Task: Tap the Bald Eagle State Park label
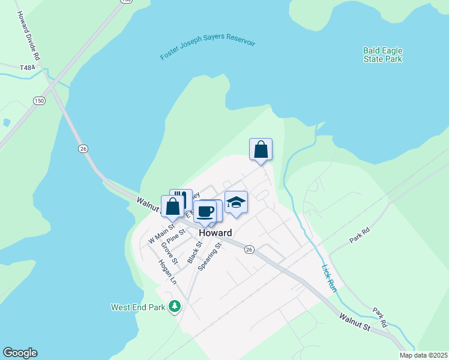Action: click(x=382, y=55)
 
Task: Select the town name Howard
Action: click(x=215, y=233)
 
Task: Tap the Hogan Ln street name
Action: click(x=167, y=272)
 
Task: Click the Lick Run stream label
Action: click(x=329, y=278)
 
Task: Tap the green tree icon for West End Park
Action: click(x=175, y=307)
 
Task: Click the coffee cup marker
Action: click(x=205, y=211)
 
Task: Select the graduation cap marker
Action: click(x=237, y=202)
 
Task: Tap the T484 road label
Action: click(x=28, y=68)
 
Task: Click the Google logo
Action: click(x=20, y=353)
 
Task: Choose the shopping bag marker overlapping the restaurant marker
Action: click(x=172, y=206)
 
